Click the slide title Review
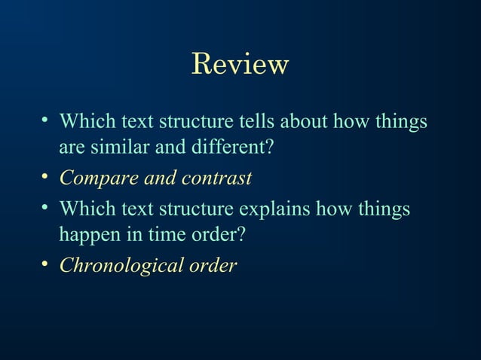tap(240, 64)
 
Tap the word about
tap(307, 121)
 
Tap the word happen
tap(88, 235)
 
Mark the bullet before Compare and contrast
tap(46, 178)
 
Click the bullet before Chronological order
tap(46, 264)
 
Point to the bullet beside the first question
tap(46, 120)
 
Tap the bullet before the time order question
tap(46, 206)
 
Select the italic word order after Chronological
tap(213, 266)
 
